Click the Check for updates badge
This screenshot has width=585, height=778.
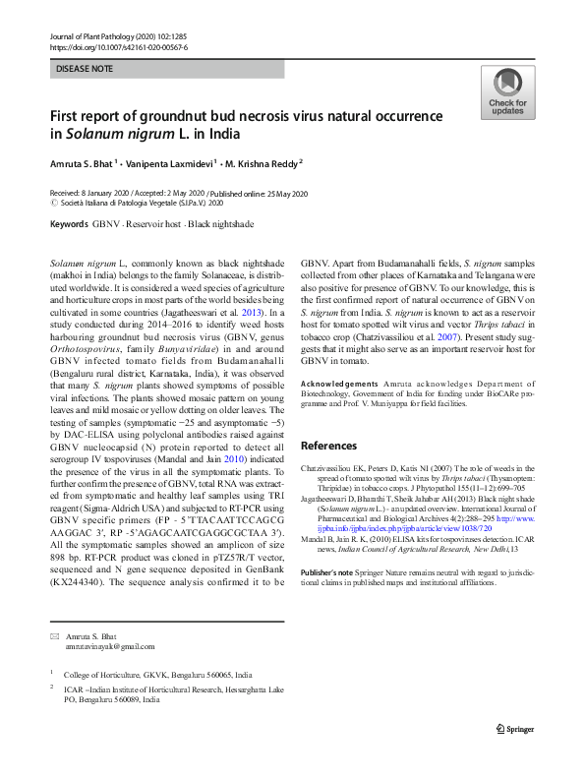click(507, 93)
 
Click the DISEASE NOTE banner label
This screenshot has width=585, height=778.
click(87, 70)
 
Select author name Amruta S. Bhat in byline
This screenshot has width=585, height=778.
click(82, 162)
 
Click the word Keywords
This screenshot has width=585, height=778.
click(68, 225)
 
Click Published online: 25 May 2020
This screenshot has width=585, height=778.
click(254, 193)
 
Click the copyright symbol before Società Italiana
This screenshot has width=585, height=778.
click(54, 203)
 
